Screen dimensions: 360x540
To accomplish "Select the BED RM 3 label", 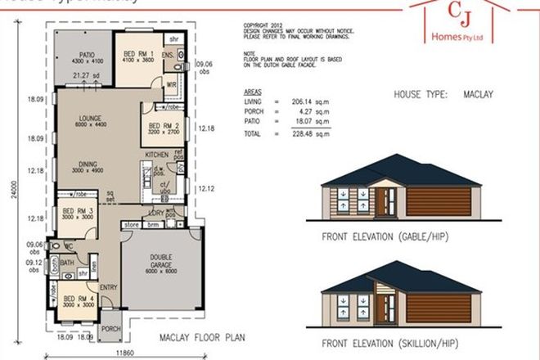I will coord(77,209).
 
